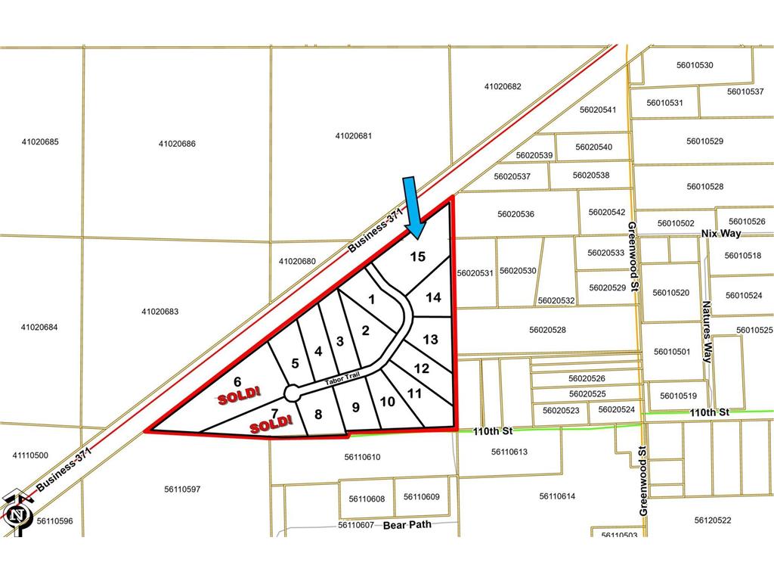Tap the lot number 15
pyautogui.click(x=417, y=257)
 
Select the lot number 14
pyautogui.click(x=433, y=298)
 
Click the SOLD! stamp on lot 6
pyautogui.click(x=238, y=394)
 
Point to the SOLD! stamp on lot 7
pyautogui.click(x=271, y=425)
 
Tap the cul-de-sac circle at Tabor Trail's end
pyautogui.click(x=291, y=393)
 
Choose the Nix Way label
pyautogui.click(x=721, y=234)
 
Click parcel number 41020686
pyautogui.click(x=178, y=144)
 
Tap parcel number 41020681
pyautogui.click(x=354, y=136)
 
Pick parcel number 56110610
pyautogui.click(x=362, y=457)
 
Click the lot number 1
pyautogui.click(x=371, y=300)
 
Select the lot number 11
pyautogui.click(x=414, y=393)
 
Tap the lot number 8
pyautogui.click(x=318, y=415)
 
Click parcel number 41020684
pyautogui.click(x=40, y=328)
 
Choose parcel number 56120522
pyautogui.click(x=713, y=520)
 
